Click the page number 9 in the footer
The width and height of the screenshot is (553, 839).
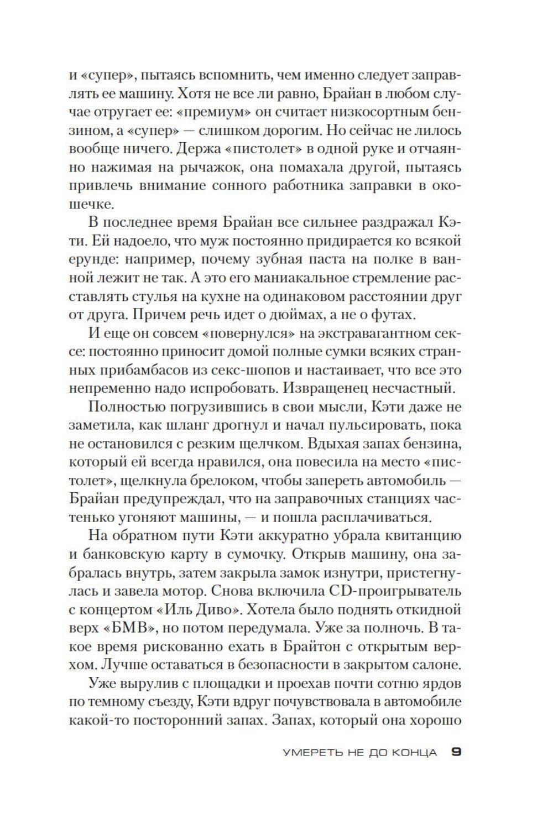pos(456,752)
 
